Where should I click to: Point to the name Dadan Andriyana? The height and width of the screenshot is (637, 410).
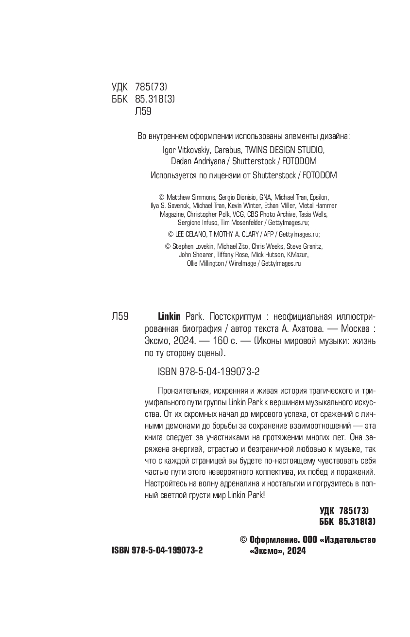[x=200, y=161]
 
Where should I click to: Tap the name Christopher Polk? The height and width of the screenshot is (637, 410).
[x=205, y=214]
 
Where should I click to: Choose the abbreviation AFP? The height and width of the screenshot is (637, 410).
[x=269, y=234]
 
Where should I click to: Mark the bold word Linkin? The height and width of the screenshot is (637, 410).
[x=169, y=317]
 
